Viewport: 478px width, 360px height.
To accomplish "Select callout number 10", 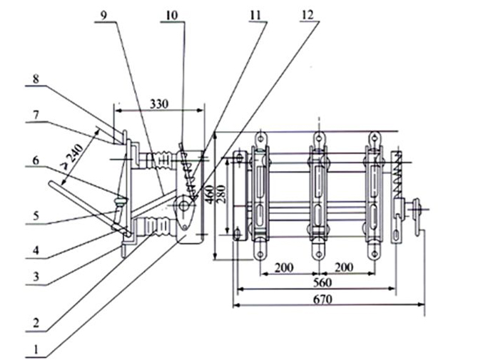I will coord(172,13).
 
